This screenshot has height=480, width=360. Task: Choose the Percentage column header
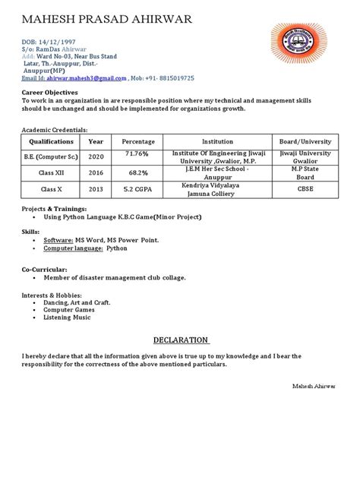point(138,142)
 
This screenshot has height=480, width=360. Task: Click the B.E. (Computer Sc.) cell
point(52,157)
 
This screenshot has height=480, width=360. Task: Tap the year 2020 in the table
point(96,157)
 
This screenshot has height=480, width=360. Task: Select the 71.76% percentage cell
point(138,154)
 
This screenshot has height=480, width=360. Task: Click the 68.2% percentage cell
point(138,172)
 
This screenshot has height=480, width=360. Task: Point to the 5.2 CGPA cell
point(138,189)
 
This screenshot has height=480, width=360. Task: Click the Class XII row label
point(52,173)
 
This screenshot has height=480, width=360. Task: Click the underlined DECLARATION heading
point(181,339)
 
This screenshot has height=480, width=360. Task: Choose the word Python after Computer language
point(117,248)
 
